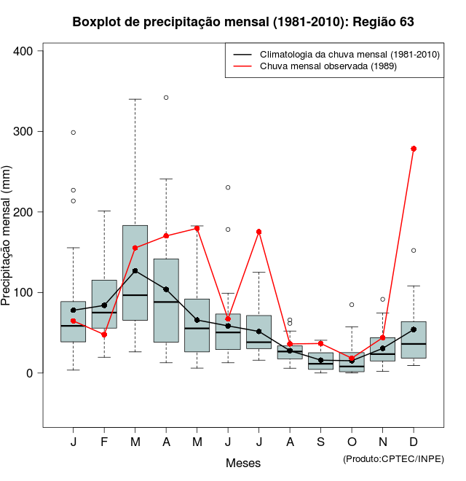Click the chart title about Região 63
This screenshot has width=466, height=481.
(x=243, y=22)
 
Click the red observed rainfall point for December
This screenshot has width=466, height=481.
(x=414, y=149)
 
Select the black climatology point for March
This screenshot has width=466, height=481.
(x=135, y=271)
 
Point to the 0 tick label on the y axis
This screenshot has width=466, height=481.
(x=31, y=373)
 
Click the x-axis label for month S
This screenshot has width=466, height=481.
(x=320, y=442)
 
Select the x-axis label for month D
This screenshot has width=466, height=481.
(x=414, y=442)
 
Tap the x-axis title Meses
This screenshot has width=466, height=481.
(x=243, y=463)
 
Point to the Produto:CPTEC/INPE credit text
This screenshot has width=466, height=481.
(x=393, y=458)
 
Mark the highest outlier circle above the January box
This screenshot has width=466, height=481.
(x=74, y=133)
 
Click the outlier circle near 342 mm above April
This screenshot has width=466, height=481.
(x=166, y=97)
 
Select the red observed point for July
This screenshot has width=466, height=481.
(x=258, y=232)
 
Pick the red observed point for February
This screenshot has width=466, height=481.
(x=104, y=335)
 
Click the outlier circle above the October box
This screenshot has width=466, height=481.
(x=352, y=305)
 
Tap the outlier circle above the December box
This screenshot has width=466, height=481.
(x=414, y=250)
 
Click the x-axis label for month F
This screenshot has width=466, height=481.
(x=104, y=442)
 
